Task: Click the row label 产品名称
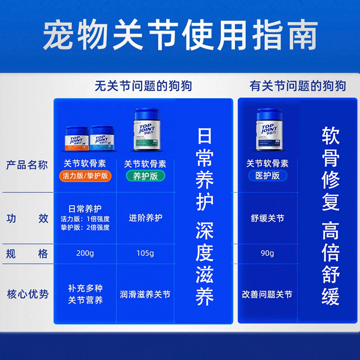pos(27,165)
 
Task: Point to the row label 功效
pos(27,219)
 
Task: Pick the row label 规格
pos(27,253)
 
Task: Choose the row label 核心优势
pos(27,295)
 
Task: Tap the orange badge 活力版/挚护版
pos(85,175)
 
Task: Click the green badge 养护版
pos(145,175)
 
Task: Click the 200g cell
pos(85,253)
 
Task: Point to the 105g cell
pos(145,253)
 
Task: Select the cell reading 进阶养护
pos(145,218)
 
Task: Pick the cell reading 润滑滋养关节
pos(145,295)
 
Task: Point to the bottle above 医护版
pos(270,130)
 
